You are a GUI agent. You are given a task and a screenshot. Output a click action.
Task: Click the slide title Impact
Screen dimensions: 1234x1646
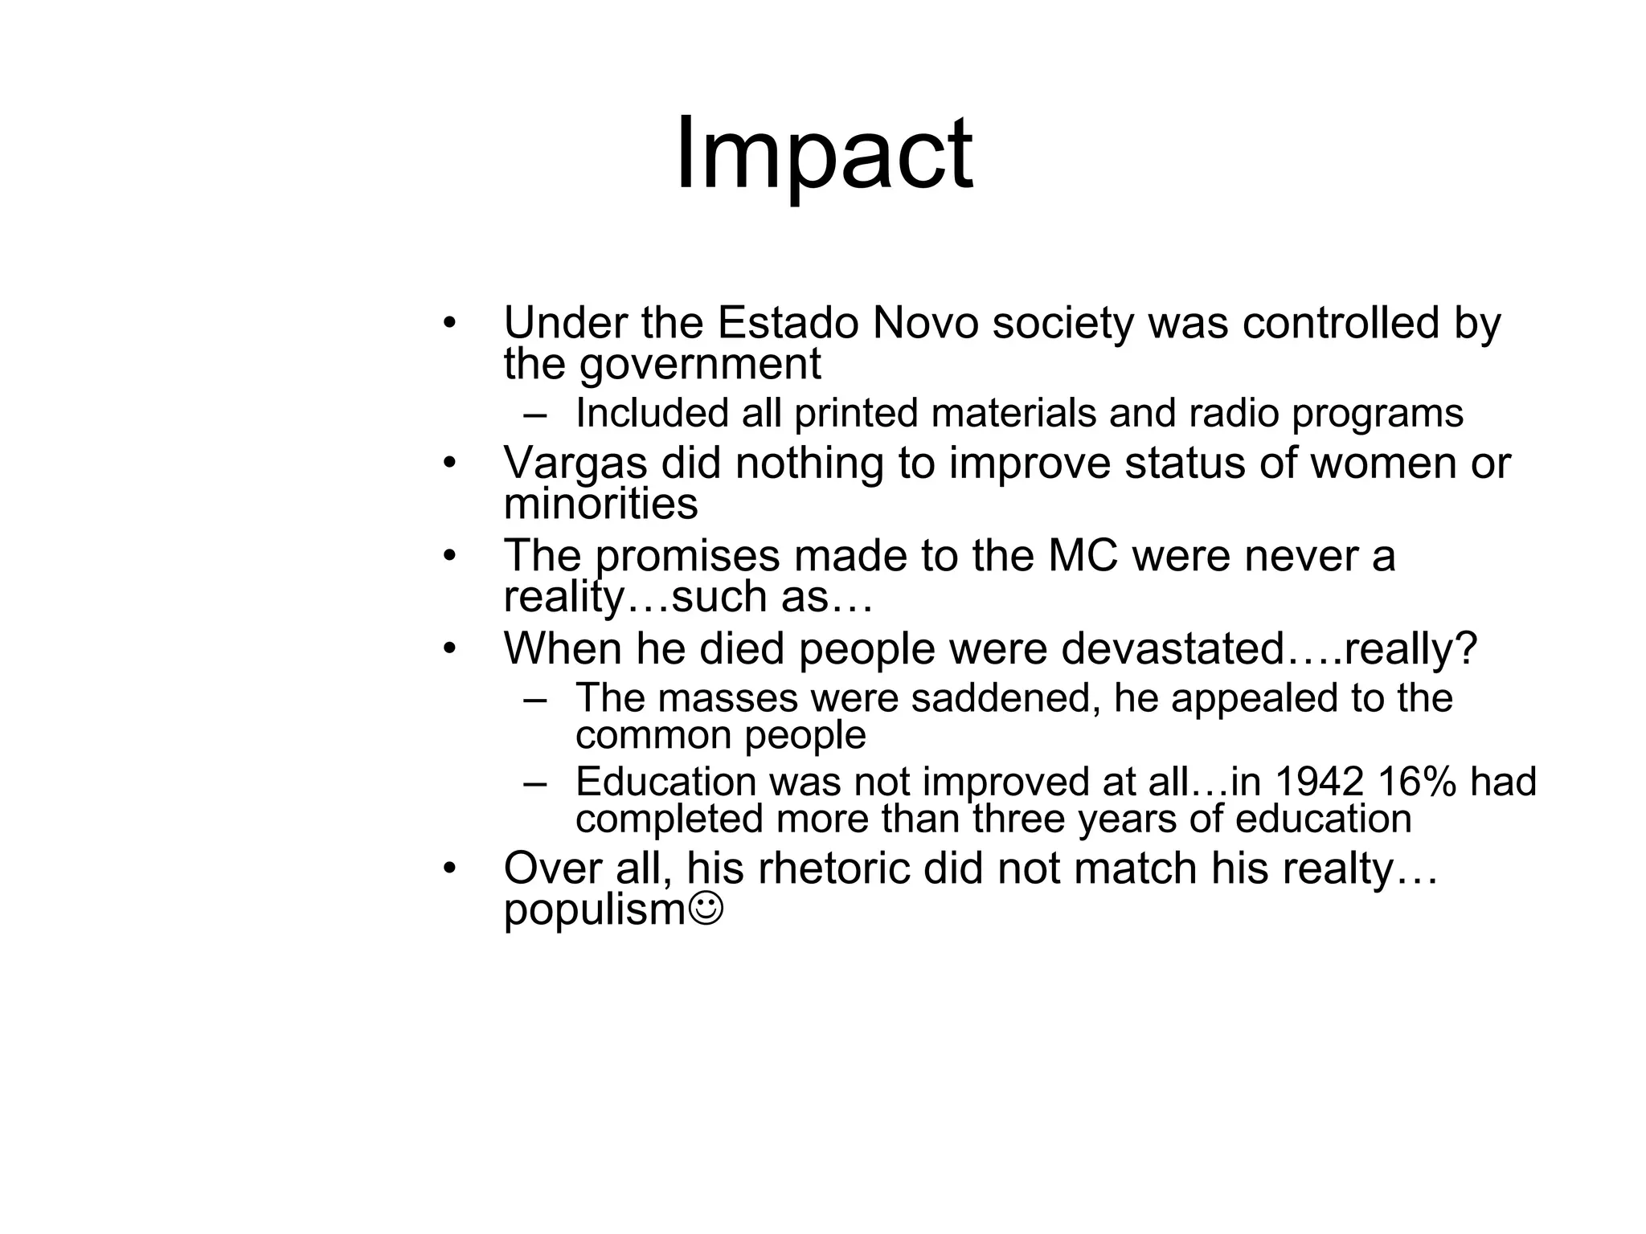click(x=824, y=154)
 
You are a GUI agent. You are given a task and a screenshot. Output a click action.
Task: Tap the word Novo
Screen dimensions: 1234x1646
click(x=926, y=324)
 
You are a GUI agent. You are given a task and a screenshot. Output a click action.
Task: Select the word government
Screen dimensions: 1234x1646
click(x=700, y=365)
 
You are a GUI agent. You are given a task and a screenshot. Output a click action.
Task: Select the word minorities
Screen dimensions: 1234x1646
click(x=600, y=505)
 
